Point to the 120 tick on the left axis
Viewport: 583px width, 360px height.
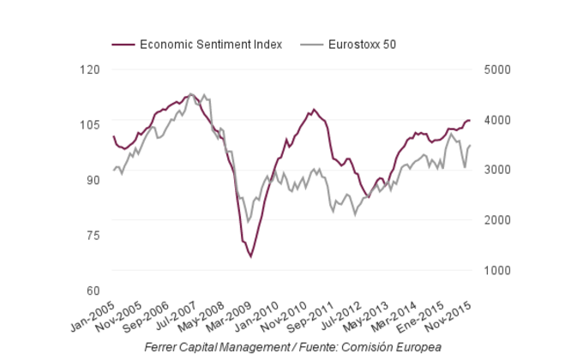coord(89,69)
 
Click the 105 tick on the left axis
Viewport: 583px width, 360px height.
coord(89,125)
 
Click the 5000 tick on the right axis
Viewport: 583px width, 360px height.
coord(496,69)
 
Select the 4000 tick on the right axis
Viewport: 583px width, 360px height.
coord(496,120)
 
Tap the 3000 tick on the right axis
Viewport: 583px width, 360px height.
coord(496,170)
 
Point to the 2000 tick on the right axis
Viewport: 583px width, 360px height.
coord(496,220)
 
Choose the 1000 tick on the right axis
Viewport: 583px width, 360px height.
coord(496,271)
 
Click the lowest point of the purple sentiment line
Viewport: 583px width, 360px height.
coord(250,256)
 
